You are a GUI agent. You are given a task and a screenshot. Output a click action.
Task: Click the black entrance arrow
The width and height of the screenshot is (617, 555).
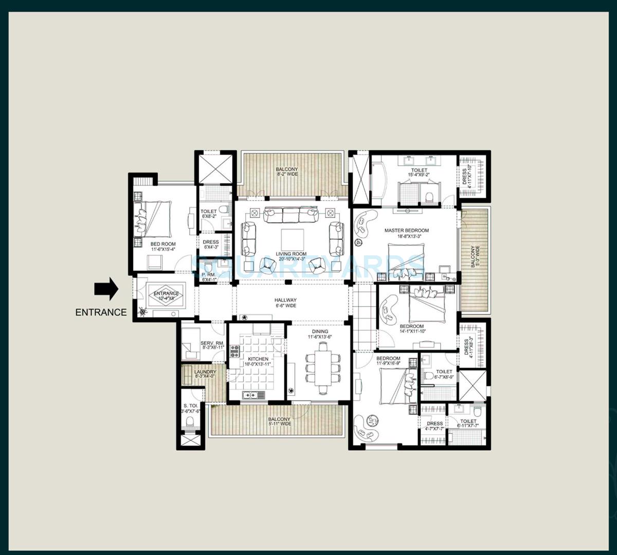point(106,289)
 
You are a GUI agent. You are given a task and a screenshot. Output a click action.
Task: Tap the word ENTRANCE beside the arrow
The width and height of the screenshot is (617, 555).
point(101,312)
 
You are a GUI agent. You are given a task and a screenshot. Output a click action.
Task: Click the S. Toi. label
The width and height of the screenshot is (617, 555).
point(190,408)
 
